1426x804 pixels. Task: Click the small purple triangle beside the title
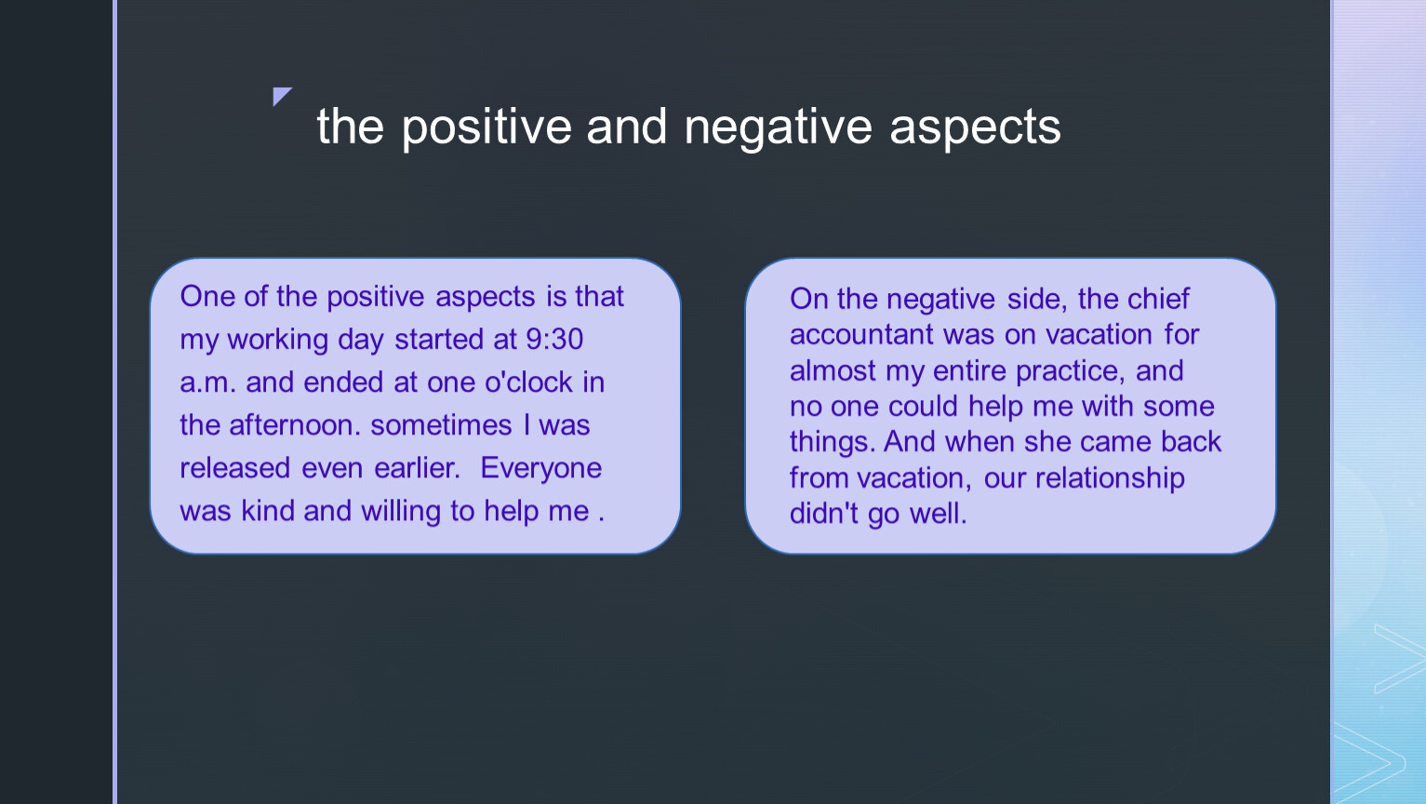click(280, 95)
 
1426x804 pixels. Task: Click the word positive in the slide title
click(486, 127)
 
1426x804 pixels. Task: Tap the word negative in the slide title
click(778, 127)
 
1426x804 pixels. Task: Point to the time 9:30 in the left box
click(554, 339)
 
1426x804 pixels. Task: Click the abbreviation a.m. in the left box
click(207, 382)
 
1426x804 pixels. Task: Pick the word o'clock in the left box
click(528, 382)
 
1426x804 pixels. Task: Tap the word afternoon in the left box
click(294, 425)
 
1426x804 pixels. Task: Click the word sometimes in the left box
click(441, 425)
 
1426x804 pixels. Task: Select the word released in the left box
click(235, 468)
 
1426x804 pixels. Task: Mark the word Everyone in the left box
click(540, 469)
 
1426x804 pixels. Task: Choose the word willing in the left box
click(400, 512)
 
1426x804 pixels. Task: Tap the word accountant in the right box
click(861, 335)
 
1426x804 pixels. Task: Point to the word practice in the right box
click(1066, 371)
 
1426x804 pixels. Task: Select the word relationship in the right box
click(1110, 478)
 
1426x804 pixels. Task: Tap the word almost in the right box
click(833, 370)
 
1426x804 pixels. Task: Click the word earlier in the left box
click(417, 468)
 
